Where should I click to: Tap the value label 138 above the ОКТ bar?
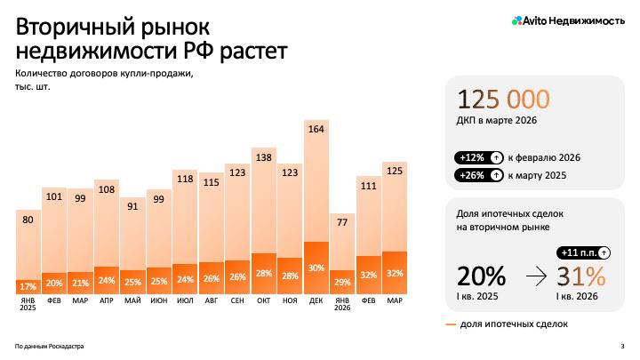[x=263, y=157]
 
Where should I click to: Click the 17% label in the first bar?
[x=28, y=286]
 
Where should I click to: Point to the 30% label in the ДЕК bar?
[x=316, y=268]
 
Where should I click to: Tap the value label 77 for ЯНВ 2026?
[x=342, y=222]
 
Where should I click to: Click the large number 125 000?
[x=503, y=100]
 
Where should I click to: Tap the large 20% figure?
[x=481, y=276]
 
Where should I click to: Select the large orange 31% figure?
[x=582, y=276]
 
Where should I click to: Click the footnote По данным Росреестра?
[x=50, y=346]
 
